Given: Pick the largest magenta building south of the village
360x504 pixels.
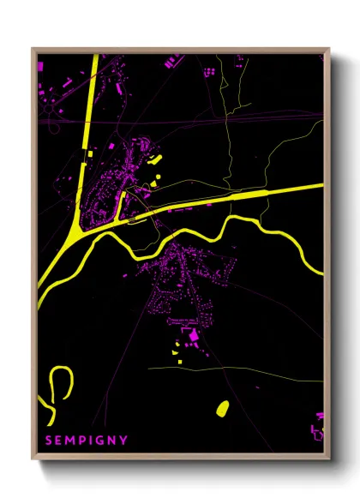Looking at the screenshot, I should pos(193,333).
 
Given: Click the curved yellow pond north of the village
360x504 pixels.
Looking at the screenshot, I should pos(154,159).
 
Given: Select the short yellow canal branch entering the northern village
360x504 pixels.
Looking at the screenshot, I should pos(122,204).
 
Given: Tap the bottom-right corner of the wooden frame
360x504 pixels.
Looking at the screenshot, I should pos(329,458).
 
